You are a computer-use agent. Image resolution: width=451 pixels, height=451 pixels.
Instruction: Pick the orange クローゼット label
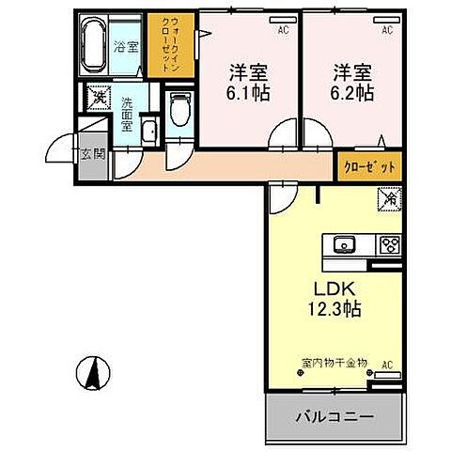367,166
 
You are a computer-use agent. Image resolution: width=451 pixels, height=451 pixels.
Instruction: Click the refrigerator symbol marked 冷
388,199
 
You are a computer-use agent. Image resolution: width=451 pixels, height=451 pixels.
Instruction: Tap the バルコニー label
336,415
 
